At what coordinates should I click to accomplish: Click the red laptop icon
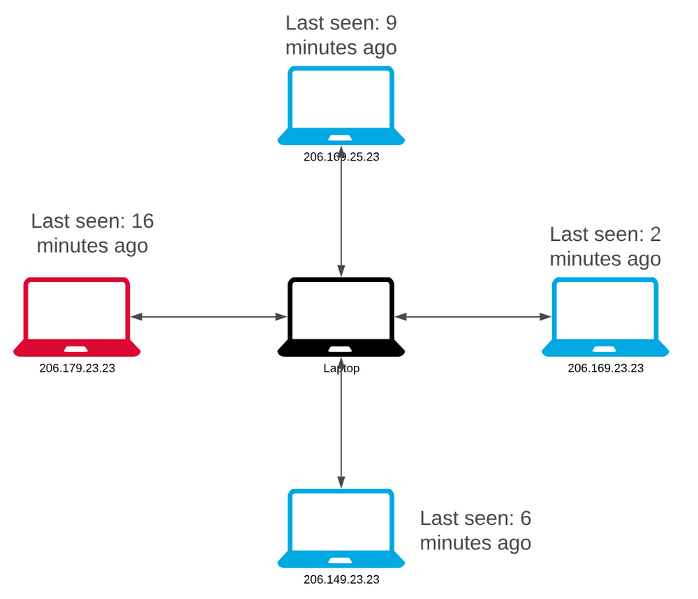pyautogui.click(x=77, y=317)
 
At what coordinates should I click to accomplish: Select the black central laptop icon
pyautogui.click(x=341, y=317)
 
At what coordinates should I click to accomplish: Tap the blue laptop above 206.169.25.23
pyautogui.click(x=341, y=105)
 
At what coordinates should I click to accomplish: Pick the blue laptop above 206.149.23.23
pyautogui.click(x=341, y=528)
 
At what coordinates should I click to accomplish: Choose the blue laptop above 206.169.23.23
pyautogui.click(x=605, y=317)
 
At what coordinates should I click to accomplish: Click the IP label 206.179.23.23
pyautogui.click(x=77, y=369)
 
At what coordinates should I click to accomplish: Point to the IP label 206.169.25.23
pyautogui.click(x=341, y=157)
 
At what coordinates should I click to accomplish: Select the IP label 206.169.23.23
pyautogui.click(x=605, y=369)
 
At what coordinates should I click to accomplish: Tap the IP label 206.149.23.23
pyautogui.click(x=341, y=579)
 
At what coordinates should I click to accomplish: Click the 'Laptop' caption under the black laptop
pyautogui.click(x=341, y=369)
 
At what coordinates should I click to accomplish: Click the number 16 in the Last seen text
pyautogui.click(x=142, y=221)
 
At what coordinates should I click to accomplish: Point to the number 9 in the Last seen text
pyautogui.click(x=391, y=23)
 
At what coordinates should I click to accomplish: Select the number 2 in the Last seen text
pyautogui.click(x=655, y=235)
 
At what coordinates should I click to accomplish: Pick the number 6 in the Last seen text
pyautogui.click(x=525, y=518)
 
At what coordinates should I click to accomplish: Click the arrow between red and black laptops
pyautogui.click(x=209, y=317)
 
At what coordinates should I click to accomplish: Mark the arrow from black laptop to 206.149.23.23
pyautogui.click(x=341, y=426)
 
